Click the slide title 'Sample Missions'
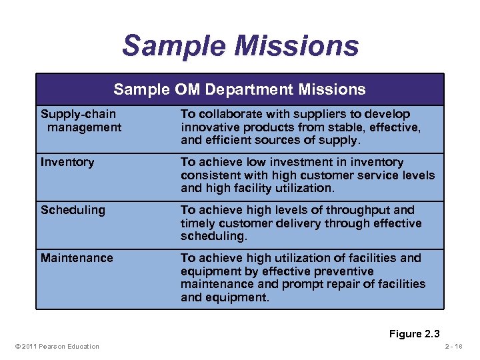click(240, 46)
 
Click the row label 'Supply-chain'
click(78, 114)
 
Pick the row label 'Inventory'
click(67, 162)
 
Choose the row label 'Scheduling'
click(73, 210)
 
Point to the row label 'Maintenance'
click(77, 258)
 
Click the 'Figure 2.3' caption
click(415, 334)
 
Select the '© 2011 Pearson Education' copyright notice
click(57, 346)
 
